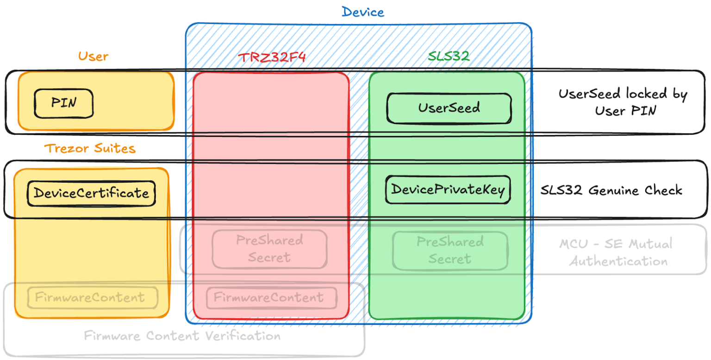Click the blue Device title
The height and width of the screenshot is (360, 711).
[363, 12]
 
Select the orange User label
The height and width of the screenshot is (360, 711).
[93, 56]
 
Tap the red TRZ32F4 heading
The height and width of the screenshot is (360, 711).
[272, 57]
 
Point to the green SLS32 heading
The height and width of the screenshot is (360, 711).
[449, 56]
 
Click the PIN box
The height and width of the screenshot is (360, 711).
[64, 103]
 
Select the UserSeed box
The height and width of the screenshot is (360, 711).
[449, 108]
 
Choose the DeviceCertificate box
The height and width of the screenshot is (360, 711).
[91, 193]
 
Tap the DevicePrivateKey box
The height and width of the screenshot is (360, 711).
[448, 190]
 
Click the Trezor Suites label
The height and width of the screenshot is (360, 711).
[90, 149]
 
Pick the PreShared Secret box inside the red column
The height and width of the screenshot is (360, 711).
[269, 249]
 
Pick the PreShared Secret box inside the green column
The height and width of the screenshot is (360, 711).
[449, 250]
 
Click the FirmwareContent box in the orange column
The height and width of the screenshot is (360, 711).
[93, 298]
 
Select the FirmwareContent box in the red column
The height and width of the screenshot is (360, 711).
[272, 298]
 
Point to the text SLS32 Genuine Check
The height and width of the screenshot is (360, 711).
[611, 190]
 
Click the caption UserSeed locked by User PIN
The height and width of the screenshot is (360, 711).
[623, 102]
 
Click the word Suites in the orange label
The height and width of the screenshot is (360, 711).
[113, 149]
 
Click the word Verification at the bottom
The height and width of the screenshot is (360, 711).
[238, 335]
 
